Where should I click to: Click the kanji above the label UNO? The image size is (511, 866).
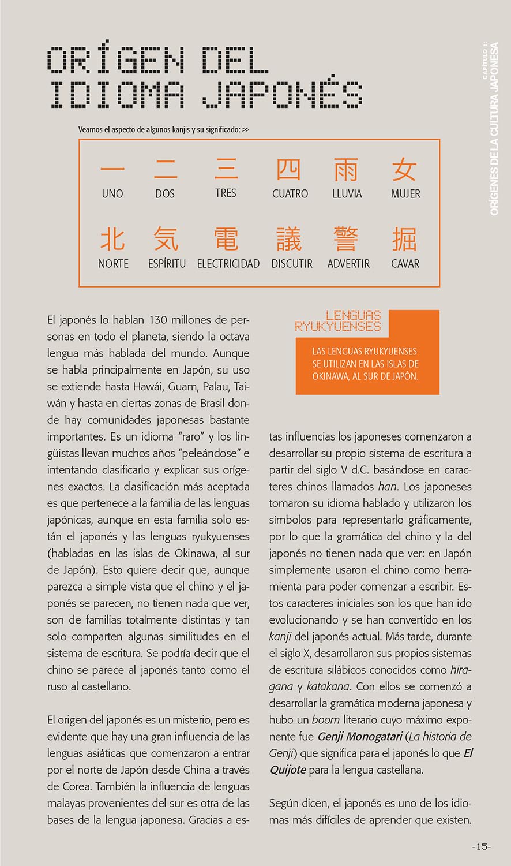(112, 170)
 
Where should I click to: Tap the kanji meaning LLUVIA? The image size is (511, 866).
(346, 170)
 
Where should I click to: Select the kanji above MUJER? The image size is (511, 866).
(404, 170)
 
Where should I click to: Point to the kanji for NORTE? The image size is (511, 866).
(112, 238)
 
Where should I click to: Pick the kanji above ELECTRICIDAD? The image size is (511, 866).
(226, 238)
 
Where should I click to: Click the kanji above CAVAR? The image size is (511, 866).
(404, 239)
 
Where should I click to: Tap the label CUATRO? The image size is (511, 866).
(290, 194)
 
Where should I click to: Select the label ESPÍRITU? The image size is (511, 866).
(167, 264)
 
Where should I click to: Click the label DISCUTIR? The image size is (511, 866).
(292, 264)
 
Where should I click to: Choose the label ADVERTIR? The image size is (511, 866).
(348, 264)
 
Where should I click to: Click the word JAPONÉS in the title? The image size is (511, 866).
(283, 94)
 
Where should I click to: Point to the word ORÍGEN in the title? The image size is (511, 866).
(115, 59)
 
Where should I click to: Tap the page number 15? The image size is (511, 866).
(482, 847)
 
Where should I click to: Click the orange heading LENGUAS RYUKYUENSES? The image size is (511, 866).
(339, 321)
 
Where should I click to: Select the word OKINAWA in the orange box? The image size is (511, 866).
(331, 376)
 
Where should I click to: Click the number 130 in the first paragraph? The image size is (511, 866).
(159, 319)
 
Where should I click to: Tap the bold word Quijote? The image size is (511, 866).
(288, 770)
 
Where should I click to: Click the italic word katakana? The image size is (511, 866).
(328, 687)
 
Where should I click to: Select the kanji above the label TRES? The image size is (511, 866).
(226, 170)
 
